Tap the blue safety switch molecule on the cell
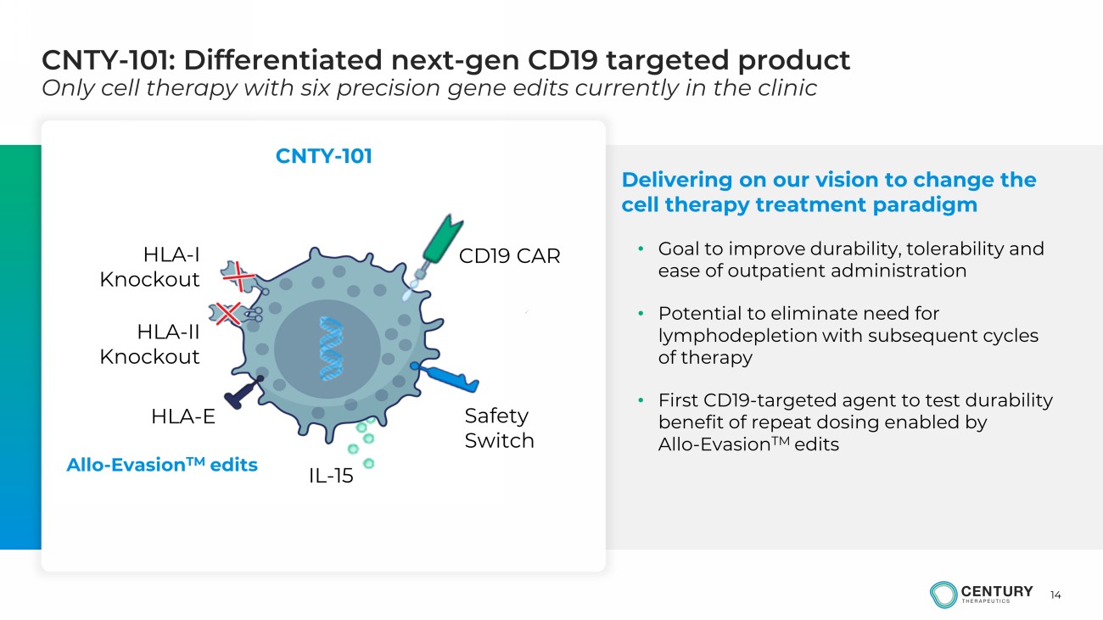[x=445, y=377]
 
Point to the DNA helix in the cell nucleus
[x=331, y=349]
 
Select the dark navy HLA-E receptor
[x=244, y=393]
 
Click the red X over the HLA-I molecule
[x=238, y=276]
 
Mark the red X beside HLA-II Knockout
[x=228, y=314]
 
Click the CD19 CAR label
[x=510, y=256]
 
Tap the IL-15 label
[x=331, y=476]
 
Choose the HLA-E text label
[x=183, y=416]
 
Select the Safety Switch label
[x=499, y=428]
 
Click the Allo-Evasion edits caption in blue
[x=162, y=465]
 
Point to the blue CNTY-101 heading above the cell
[x=324, y=156]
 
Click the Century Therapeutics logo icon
[x=943, y=595]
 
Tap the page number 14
[x=1055, y=595]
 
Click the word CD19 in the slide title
[x=563, y=60]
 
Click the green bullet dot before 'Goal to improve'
[x=641, y=249]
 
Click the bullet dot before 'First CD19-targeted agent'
[x=641, y=400]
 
